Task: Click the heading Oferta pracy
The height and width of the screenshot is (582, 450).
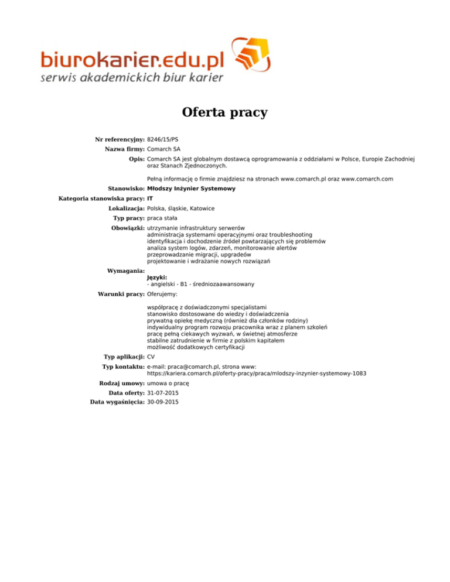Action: pos(225,112)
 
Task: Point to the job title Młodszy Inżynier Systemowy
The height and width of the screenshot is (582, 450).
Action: pos(191,189)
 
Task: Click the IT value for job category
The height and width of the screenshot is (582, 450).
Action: pos(150,198)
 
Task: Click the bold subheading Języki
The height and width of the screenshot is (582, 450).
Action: pos(157,278)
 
